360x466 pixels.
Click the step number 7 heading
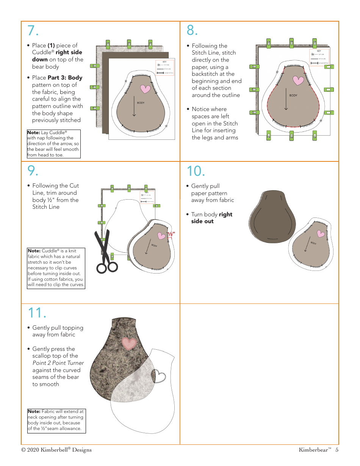pyautogui.click(x=33, y=30)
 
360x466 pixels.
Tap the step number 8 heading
pyautogui.click(x=193, y=30)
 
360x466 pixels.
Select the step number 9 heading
pyautogui.click(x=33, y=171)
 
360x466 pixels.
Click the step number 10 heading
pyautogui.click(x=196, y=171)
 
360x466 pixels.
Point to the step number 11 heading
pyautogui.click(x=37, y=313)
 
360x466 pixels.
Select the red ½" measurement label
pyautogui.click(x=171, y=234)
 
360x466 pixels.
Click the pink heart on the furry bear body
pyautogui.click(x=129, y=343)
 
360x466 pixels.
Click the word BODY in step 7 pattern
pyautogui.click(x=141, y=103)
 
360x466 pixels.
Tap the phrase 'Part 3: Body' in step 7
pyautogui.click(x=65, y=78)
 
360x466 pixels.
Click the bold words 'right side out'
pyautogui.click(x=211, y=218)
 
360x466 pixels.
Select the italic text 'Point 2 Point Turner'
pyautogui.click(x=58, y=363)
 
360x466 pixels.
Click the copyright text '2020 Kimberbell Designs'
pyautogui.click(x=56, y=450)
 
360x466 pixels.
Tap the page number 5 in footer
pyautogui.click(x=337, y=450)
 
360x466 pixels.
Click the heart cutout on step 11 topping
pyautogui.click(x=158, y=376)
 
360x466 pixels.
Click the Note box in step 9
pyautogui.click(x=56, y=268)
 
